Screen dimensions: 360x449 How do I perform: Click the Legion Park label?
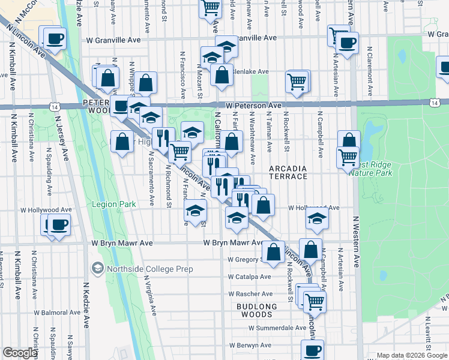(x=114, y=204)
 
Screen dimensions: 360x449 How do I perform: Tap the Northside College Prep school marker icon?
(x=97, y=268)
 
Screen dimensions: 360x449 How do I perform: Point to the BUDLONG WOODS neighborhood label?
(x=257, y=311)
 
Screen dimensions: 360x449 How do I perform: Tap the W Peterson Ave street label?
(x=254, y=106)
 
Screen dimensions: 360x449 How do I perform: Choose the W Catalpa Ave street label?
(x=249, y=277)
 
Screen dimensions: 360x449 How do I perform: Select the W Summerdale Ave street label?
(x=278, y=328)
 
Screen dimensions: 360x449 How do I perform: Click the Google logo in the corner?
(x=19, y=353)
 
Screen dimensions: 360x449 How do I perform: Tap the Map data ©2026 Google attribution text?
(x=411, y=356)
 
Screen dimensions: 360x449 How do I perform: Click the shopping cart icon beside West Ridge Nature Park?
(x=348, y=158)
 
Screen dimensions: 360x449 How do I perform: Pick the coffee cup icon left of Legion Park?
(x=58, y=225)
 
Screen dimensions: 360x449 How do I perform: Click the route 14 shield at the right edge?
(x=434, y=103)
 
